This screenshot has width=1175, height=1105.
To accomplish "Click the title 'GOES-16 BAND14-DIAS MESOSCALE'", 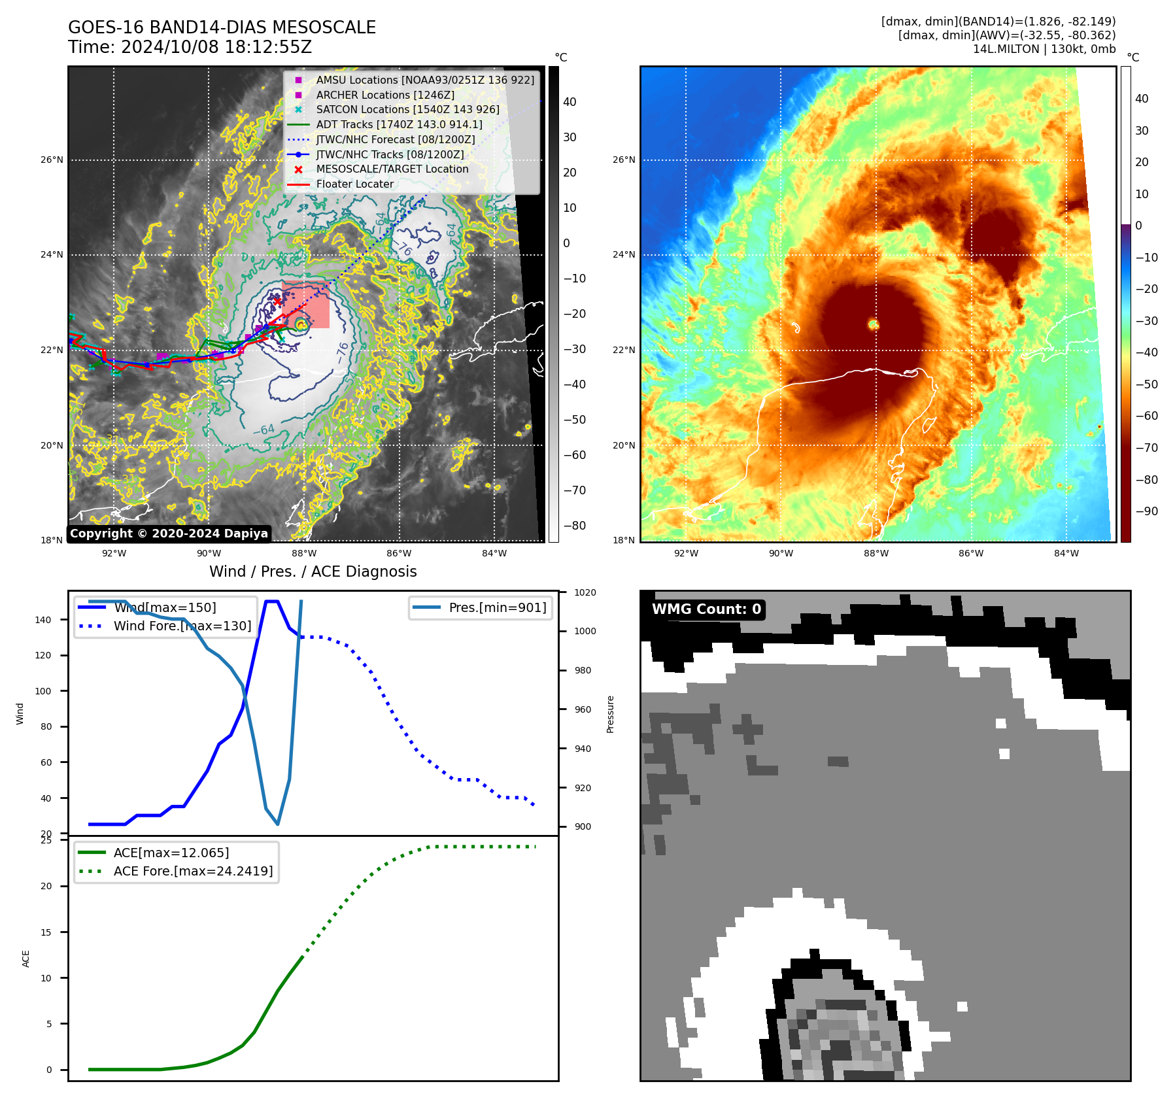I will click(222, 27).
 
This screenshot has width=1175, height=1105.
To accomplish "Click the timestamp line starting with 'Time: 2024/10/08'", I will click(190, 47).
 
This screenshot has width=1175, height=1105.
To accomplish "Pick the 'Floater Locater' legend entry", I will click(354, 184).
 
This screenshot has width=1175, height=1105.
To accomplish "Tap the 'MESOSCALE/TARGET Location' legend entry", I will click(392, 169).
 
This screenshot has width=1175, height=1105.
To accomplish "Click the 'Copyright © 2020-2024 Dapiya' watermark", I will click(169, 534).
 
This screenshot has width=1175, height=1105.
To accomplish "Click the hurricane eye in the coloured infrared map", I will click(873, 324).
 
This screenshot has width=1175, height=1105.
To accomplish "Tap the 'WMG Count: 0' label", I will click(706, 609).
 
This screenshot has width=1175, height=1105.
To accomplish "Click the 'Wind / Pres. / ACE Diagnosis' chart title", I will click(313, 571).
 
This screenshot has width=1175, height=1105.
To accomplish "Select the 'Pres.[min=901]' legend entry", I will click(497, 607).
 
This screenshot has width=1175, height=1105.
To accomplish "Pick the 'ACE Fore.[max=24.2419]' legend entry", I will click(193, 871).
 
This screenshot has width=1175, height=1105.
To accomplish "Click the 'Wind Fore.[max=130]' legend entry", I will click(182, 626).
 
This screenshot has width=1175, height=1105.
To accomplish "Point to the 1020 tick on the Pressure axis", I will click(585, 592).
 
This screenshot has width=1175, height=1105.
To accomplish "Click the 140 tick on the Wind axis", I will click(43, 620).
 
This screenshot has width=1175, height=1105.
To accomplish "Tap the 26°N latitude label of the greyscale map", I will click(52, 160).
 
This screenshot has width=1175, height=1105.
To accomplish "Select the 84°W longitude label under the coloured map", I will click(1066, 553).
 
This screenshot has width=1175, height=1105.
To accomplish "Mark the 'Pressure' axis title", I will click(610, 714).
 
